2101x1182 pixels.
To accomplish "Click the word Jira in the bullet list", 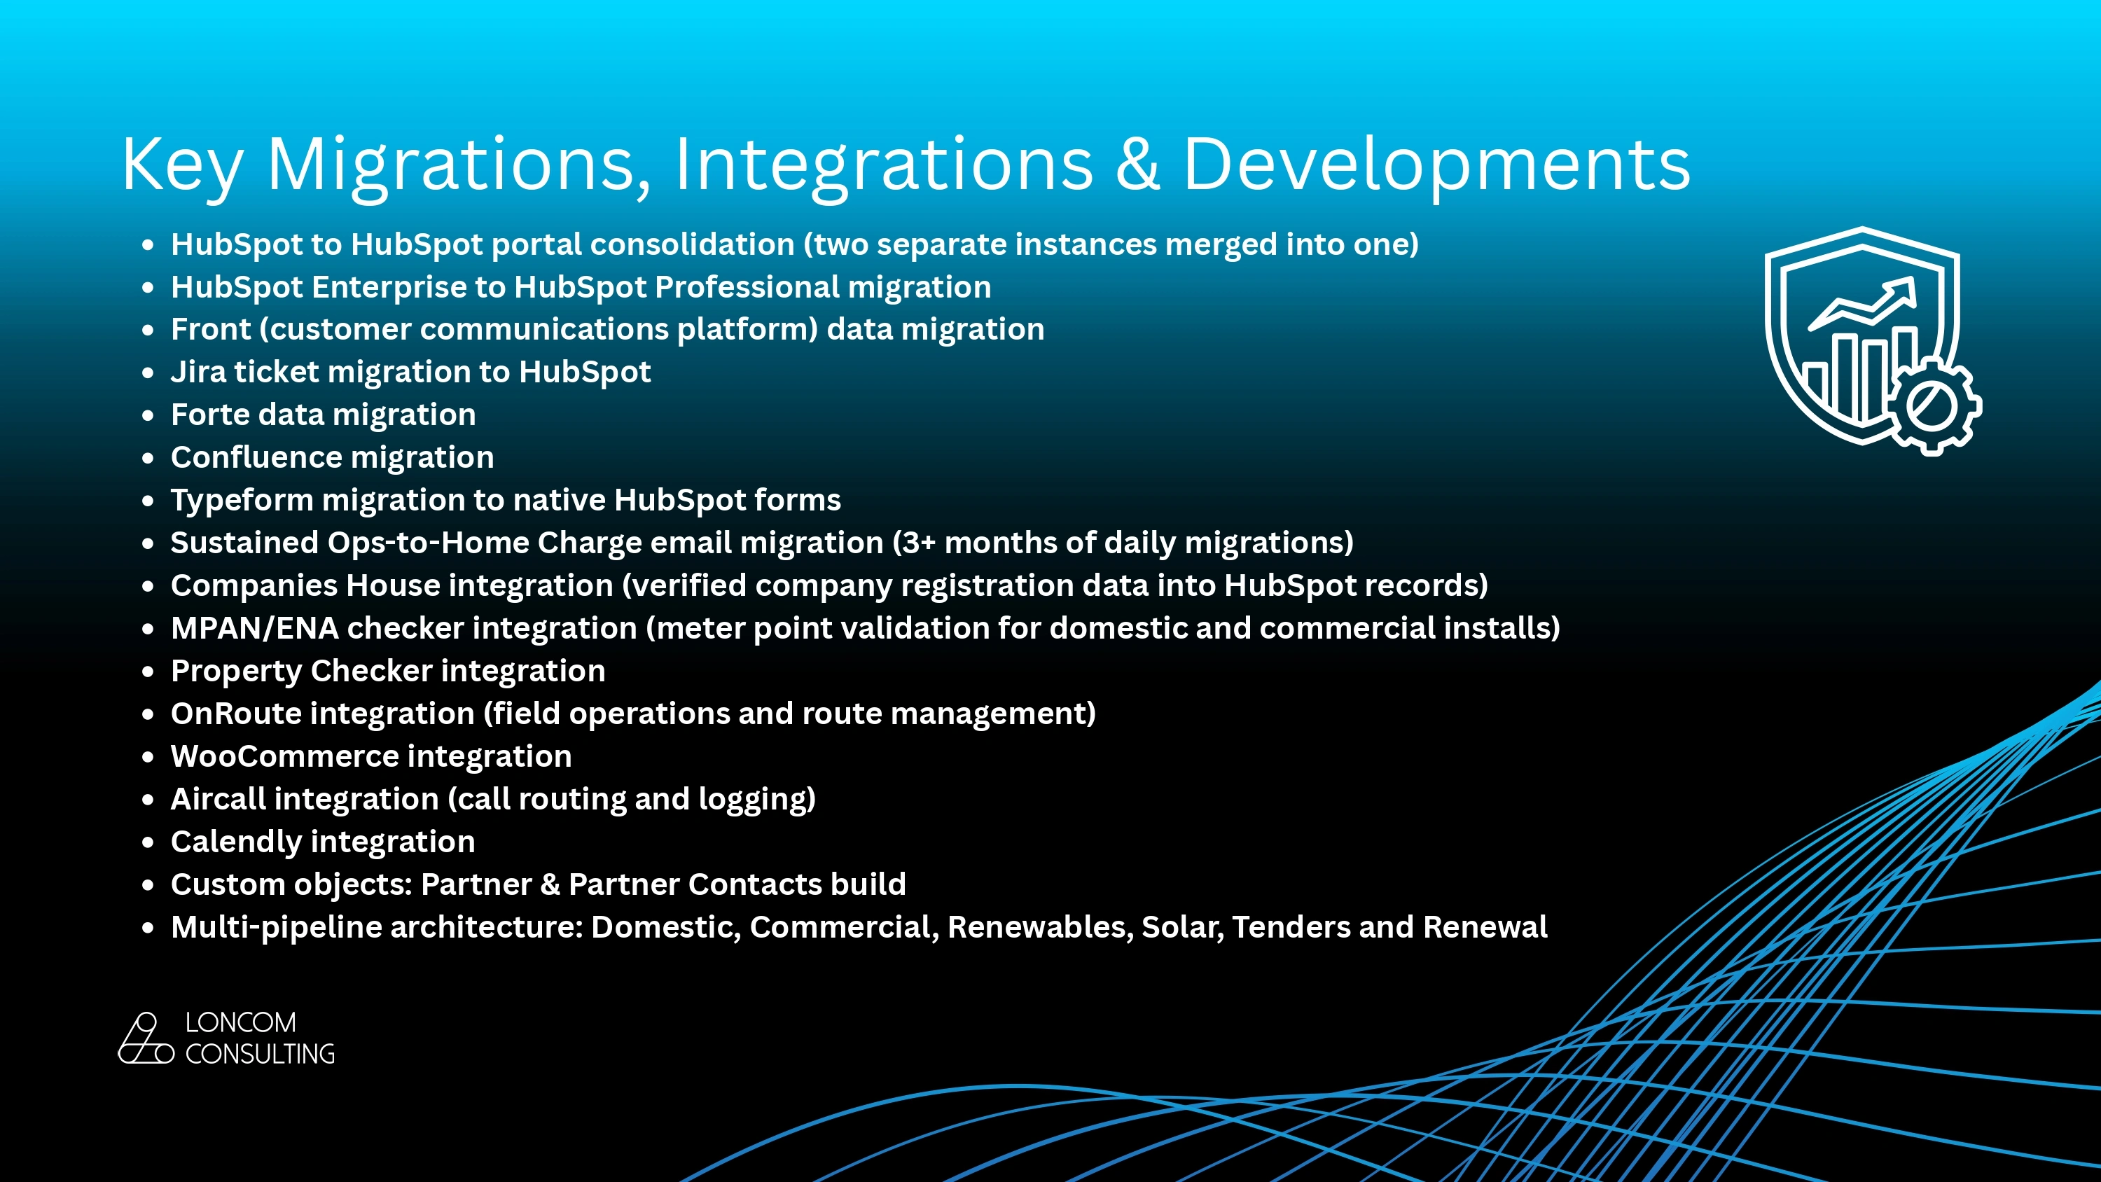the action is (x=198, y=372).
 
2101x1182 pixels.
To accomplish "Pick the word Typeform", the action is (x=242, y=500).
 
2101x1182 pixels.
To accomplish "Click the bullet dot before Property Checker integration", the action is (x=148, y=672).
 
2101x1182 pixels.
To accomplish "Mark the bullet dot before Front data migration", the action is (x=148, y=331).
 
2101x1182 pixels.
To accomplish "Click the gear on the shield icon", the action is (x=1932, y=405).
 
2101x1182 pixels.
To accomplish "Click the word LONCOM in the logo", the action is (x=241, y=1022).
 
